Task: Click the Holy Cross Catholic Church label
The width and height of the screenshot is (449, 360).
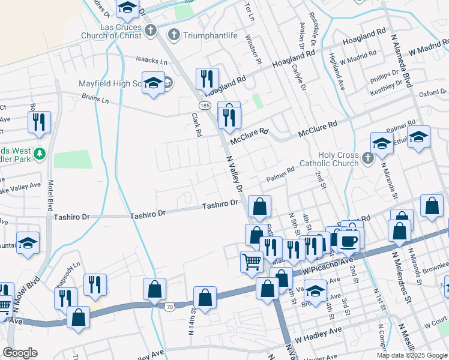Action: (x=330, y=159)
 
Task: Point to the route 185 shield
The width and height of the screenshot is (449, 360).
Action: (x=205, y=105)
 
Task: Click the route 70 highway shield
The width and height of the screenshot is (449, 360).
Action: (x=170, y=307)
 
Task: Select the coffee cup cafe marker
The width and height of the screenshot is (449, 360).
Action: (x=349, y=241)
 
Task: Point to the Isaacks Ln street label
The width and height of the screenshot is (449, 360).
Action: (x=150, y=59)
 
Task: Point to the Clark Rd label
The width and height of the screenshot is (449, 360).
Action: (x=196, y=125)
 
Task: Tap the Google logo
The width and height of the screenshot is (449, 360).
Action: (x=20, y=353)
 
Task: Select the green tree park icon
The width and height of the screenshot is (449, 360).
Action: (x=40, y=154)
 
